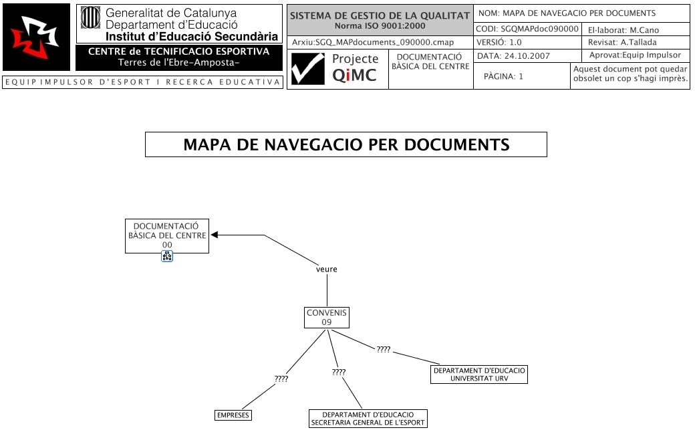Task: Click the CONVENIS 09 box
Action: click(x=327, y=318)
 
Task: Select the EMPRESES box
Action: click(x=233, y=415)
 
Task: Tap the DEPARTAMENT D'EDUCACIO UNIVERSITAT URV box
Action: click(x=479, y=374)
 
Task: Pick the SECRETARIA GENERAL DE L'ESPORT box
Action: click(x=368, y=419)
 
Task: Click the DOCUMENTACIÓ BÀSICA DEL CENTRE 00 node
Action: click(x=167, y=236)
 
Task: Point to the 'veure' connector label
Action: click(x=327, y=270)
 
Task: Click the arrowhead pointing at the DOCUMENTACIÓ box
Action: click(x=215, y=235)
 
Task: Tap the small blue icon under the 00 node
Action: click(x=167, y=256)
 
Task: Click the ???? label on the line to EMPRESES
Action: click(x=281, y=379)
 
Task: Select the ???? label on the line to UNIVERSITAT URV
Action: click(x=384, y=350)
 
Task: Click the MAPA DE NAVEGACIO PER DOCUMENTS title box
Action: click(x=346, y=144)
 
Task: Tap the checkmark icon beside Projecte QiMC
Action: click(x=307, y=70)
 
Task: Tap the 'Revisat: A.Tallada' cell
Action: click(x=636, y=42)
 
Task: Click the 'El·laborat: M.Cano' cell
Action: click(x=636, y=29)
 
